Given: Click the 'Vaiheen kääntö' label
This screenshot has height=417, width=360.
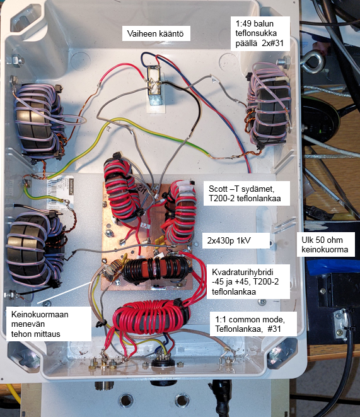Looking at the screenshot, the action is coord(156,33).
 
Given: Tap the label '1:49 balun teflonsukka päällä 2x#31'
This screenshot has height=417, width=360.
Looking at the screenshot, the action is coord(259,33).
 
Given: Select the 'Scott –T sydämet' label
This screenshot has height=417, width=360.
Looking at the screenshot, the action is coord(247,193).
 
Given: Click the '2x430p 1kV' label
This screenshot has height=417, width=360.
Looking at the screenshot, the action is coord(236,241).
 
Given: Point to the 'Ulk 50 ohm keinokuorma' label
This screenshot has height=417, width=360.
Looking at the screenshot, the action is coord(326,244).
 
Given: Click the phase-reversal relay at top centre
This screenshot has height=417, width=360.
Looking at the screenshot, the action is coord(154,86).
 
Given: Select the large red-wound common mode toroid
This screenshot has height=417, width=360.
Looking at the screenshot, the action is coord(151,317).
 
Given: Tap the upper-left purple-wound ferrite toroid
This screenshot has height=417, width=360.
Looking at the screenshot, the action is coord(38,122).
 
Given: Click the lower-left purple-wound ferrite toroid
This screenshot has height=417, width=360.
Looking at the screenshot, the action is coord(34,250).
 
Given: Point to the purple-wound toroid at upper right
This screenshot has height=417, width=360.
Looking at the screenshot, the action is coord(269,105).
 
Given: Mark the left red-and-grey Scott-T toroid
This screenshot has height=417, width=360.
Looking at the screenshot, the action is coord(122,189).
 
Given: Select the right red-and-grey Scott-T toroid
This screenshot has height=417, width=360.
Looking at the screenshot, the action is coord(180,212).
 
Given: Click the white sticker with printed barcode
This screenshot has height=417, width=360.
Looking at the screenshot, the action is coord(60,192).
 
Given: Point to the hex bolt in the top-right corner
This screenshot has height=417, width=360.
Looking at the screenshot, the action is coord(284,61).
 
